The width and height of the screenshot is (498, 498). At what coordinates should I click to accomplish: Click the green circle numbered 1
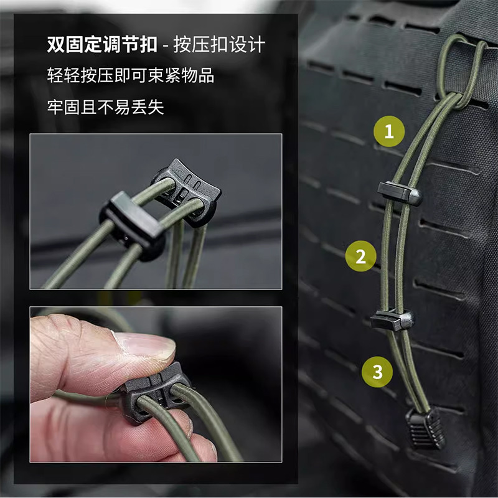[x=388, y=131]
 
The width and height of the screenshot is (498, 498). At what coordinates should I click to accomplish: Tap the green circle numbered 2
[x=361, y=256]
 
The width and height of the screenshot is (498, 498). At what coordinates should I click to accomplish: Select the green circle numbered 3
[x=377, y=372]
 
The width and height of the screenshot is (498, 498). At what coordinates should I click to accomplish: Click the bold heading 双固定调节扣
[x=102, y=44]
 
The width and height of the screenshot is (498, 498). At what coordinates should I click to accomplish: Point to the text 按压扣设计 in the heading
[x=219, y=44]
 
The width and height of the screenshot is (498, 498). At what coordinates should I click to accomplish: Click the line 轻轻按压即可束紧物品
[x=131, y=75]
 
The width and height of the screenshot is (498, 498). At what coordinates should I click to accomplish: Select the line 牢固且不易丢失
[x=105, y=107]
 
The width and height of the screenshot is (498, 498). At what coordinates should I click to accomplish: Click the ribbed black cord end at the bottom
[x=426, y=427]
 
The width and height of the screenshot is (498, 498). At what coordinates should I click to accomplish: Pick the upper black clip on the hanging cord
[x=400, y=193]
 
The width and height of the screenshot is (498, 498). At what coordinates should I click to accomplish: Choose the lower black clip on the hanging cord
[x=392, y=320]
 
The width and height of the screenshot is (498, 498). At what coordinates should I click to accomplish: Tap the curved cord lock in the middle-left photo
[x=186, y=192]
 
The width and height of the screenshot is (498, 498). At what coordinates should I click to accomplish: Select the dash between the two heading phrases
[x=165, y=45]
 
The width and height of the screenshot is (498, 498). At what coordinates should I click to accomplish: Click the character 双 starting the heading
[x=56, y=44]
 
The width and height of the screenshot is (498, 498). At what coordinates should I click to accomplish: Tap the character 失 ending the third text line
[x=156, y=107]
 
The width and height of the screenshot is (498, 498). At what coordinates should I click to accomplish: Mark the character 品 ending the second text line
[x=206, y=75]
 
